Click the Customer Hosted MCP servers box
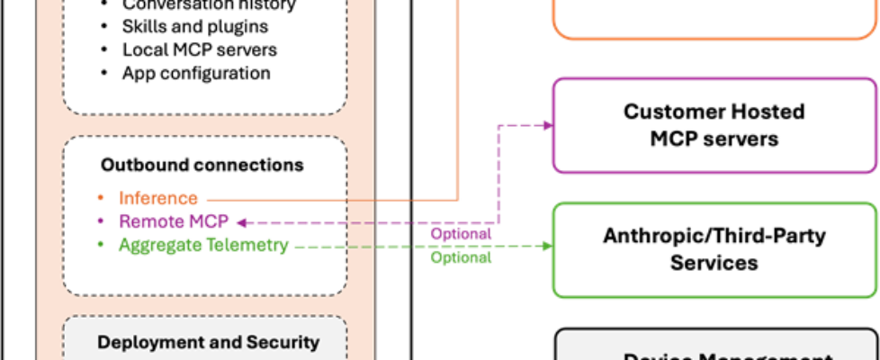pos(714,125)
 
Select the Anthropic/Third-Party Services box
pos(714,249)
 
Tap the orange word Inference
pos(157,197)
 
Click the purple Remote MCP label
pos(174,220)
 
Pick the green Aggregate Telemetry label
pos(203,244)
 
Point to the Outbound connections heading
pos(202,166)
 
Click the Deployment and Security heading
pos(208,342)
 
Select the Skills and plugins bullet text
pos(195,27)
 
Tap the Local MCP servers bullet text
pos(200,50)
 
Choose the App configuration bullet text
pos(196,73)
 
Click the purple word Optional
pos(461,234)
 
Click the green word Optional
pos(461,257)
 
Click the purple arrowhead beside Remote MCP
pos(239,221)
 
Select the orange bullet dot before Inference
pos(104,198)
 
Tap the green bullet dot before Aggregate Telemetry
pos(104,245)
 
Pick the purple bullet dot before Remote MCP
pos(104,221)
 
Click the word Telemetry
pos(247,244)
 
